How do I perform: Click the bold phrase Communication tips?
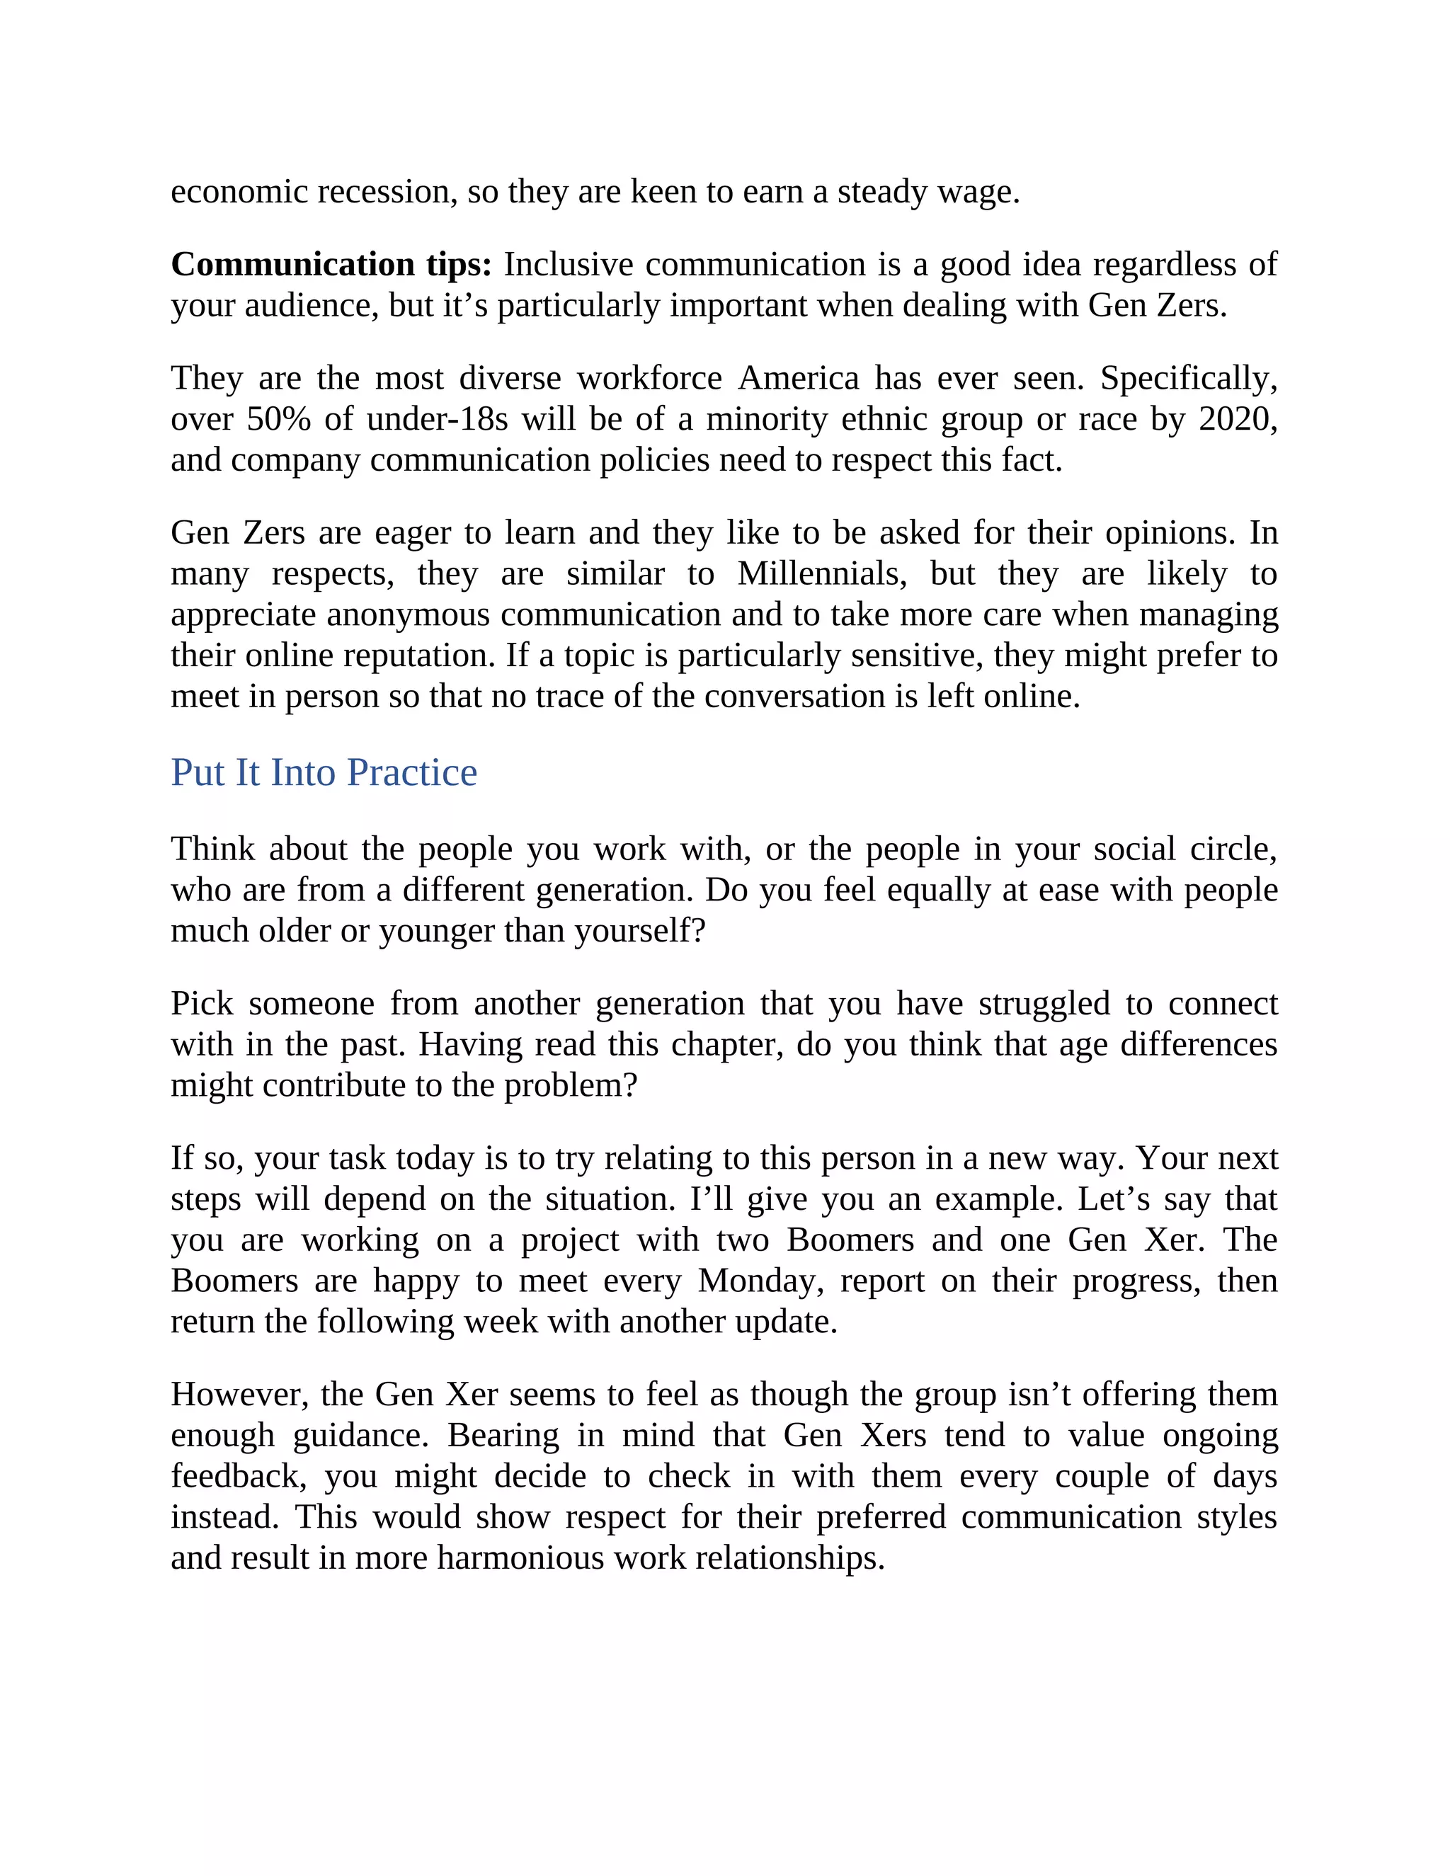pyautogui.click(x=331, y=265)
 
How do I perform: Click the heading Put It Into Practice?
pyautogui.click(x=324, y=772)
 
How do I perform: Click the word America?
pyautogui.click(x=798, y=378)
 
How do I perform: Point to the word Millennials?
pyautogui.click(x=821, y=574)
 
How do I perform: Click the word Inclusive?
pyautogui.click(x=568, y=265)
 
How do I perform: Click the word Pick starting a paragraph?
pyautogui.click(x=202, y=1003)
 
